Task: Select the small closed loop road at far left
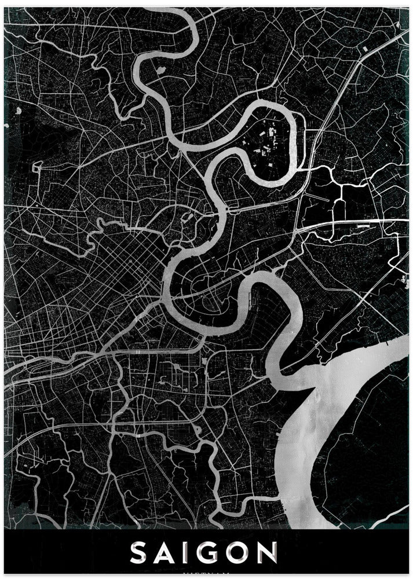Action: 38,168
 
